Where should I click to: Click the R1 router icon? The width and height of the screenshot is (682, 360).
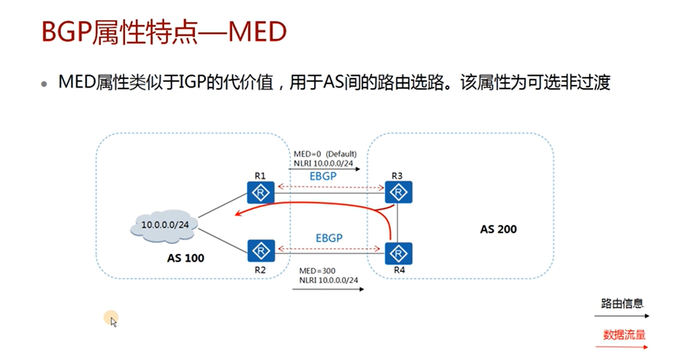260,192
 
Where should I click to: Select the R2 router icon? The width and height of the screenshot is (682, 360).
261,251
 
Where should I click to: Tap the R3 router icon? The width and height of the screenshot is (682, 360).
398,192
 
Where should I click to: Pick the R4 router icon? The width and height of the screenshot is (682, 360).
398,253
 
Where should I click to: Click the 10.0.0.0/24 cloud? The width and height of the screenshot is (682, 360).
165,225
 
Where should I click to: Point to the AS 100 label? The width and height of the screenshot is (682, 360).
185,258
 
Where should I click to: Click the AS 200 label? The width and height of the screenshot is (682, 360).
498,229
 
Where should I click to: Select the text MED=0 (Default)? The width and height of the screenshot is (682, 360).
325,154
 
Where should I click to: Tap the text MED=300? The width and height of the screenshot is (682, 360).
317,271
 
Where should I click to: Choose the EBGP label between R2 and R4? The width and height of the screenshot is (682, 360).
329,238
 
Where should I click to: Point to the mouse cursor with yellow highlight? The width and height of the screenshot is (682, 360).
112,319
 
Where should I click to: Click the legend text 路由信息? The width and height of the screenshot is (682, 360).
622,304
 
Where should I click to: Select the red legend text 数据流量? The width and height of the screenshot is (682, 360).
624,335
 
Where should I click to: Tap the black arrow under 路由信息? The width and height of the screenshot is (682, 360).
621,316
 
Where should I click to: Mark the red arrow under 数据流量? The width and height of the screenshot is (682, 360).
621,347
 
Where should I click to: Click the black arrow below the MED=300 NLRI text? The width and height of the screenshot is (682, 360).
328,289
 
